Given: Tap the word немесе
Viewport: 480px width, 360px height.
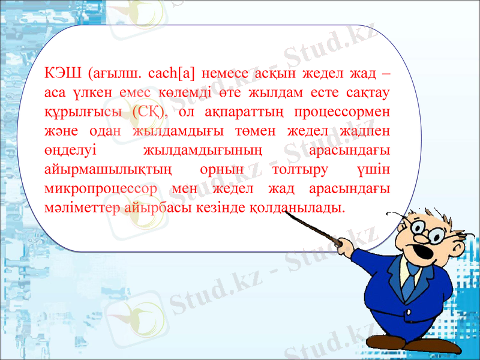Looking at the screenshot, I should point(224,75).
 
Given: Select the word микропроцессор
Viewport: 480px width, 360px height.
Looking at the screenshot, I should point(101,189).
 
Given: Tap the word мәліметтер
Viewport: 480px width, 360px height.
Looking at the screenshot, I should point(85,208).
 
